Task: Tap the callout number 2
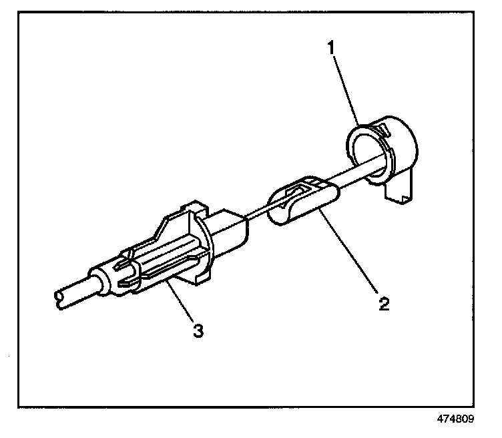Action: coord(383,304)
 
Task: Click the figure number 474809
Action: coord(456,420)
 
